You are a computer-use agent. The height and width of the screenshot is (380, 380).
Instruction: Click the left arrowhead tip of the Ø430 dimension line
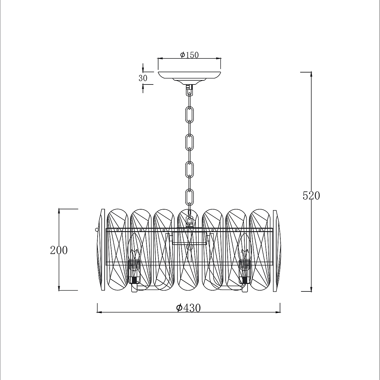[97, 312]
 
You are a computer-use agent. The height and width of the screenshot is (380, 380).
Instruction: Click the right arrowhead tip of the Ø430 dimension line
[280, 312]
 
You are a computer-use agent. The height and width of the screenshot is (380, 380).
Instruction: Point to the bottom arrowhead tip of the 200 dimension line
[59, 290]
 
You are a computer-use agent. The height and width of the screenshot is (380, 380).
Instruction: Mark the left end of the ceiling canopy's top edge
[158, 72]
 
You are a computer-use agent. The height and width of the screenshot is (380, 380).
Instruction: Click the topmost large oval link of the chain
[190, 115]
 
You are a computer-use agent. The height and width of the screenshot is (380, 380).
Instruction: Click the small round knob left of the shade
[96, 229]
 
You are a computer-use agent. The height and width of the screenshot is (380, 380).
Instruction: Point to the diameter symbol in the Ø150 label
[182, 55]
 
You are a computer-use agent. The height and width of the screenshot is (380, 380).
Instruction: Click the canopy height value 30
[143, 78]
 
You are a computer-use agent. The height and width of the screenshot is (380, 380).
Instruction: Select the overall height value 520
[311, 196]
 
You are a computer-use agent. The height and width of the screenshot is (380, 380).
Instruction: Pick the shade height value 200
[59, 250]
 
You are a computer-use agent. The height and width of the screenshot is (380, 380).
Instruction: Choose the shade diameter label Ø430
[188, 308]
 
